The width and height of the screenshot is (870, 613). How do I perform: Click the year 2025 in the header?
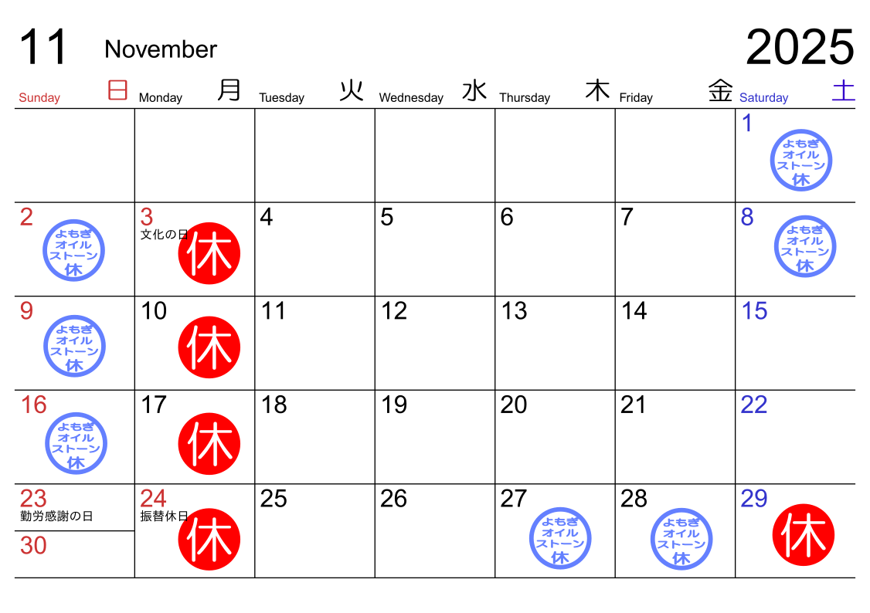pyautogui.click(x=800, y=48)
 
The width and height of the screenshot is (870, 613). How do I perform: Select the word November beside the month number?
pyautogui.click(x=161, y=49)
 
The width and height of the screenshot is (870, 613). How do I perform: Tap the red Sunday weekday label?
pyautogui.click(x=39, y=98)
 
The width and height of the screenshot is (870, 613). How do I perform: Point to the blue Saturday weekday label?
pyautogui.click(x=763, y=98)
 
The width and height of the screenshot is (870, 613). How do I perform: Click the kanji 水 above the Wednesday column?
pyautogui.click(x=474, y=91)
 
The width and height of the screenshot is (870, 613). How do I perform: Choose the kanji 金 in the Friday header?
pyautogui.click(x=720, y=91)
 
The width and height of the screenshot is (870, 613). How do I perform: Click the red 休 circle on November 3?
pyautogui.click(x=209, y=253)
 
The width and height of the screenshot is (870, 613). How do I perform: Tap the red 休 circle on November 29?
pyautogui.click(x=804, y=534)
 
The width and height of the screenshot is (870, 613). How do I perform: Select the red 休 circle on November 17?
pyautogui.click(x=209, y=443)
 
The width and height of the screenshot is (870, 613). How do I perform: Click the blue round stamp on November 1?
pyautogui.click(x=801, y=161)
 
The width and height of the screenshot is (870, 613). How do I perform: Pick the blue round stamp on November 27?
pyautogui.click(x=560, y=538)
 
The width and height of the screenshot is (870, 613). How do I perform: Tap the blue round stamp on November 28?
pyautogui.click(x=681, y=538)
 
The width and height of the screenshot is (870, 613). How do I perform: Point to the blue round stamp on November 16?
pyautogui.click(x=76, y=443)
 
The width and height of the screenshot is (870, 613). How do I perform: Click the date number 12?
pyautogui.click(x=394, y=311)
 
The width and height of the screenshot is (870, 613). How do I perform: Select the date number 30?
pyautogui.click(x=33, y=546)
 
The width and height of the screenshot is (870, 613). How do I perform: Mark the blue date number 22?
pyautogui.click(x=753, y=405)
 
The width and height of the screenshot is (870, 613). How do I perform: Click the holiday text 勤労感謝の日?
pyautogui.click(x=56, y=516)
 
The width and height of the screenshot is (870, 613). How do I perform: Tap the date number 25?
pyautogui.click(x=274, y=499)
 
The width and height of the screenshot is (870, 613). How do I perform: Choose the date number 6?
pyautogui.click(x=506, y=218)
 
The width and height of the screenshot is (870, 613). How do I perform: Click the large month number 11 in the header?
pyautogui.click(x=43, y=48)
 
